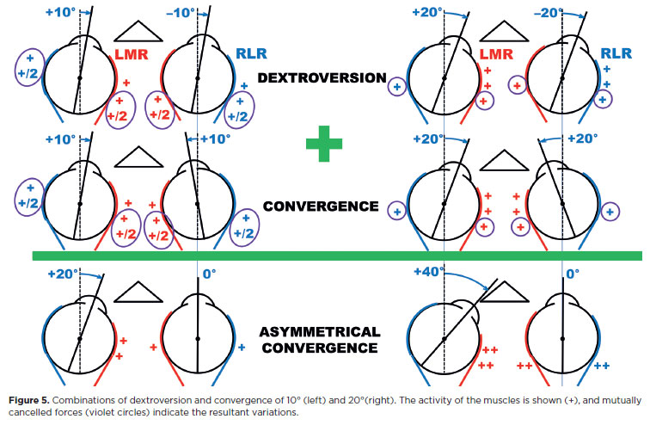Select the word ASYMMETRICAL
click(x=320, y=331)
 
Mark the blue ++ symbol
click(x=602, y=366)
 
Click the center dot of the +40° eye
click(x=443, y=339)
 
